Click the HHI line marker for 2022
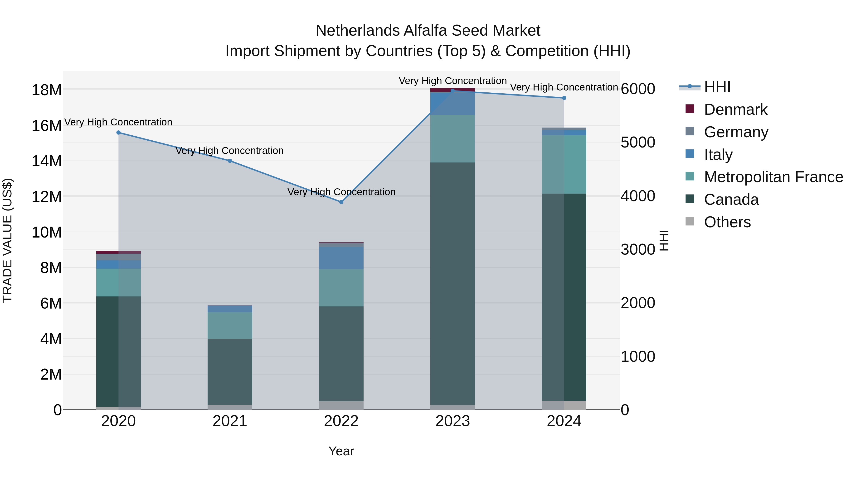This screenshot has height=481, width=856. [341, 202]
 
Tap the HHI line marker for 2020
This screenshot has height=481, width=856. [118, 133]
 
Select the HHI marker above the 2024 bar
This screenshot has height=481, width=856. [564, 98]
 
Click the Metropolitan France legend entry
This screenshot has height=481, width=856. [773, 177]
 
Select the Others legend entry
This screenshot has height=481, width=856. [727, 222]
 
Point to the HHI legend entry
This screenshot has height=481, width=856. [717, 87]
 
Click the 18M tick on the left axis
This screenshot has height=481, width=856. [47, 90]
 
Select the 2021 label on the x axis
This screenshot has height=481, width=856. [230, 421]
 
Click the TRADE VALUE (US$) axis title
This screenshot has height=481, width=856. [7, 240]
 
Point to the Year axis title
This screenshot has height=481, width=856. [341, 451]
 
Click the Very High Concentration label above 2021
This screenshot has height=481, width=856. [230, 150]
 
